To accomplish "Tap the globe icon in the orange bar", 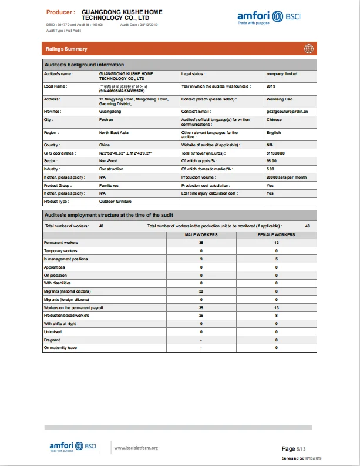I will [308, 49].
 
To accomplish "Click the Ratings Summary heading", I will [66, 49].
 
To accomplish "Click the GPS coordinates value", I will [126, 153].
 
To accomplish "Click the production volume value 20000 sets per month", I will [286, 177].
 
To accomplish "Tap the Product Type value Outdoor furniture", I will [116, 202].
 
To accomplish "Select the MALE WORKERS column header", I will [201, 234].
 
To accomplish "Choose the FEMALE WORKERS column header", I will [276, 234].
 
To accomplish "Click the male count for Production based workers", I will [201, 316].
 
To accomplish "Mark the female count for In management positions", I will [276, 259].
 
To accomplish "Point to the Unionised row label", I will [53, 331].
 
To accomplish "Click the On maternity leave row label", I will [60, 348].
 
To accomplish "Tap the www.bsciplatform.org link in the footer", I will [136, 448].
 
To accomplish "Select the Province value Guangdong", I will [110, 111].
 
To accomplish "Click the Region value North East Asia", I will [114, 133].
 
